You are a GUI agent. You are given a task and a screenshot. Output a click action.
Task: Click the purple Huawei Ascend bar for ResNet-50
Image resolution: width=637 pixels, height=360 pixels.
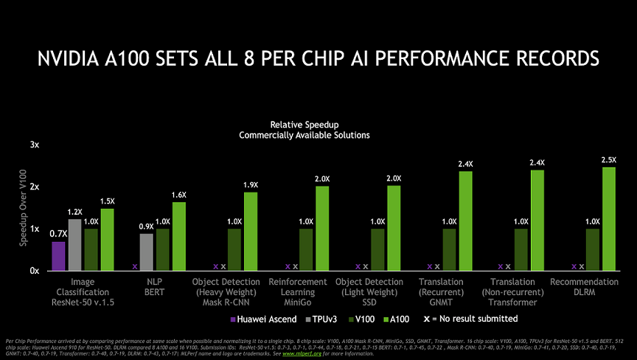(58, 256)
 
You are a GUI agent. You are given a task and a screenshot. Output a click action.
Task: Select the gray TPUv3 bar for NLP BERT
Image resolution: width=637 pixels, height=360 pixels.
(146, 252)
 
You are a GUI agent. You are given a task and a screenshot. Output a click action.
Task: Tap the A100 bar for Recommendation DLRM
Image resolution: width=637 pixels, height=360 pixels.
(609, 219)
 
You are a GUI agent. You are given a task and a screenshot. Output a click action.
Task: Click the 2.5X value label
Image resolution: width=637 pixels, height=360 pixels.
(609, 160)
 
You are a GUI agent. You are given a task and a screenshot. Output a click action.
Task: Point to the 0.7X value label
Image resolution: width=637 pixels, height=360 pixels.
(58, 234)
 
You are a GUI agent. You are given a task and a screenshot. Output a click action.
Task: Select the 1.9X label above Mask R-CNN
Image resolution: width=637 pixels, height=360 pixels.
(251, 184)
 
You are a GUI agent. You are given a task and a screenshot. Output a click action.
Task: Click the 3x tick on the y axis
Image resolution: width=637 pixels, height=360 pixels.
(34, 145)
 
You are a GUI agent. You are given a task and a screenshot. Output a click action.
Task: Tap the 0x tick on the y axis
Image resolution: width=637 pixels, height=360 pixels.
(34, 271)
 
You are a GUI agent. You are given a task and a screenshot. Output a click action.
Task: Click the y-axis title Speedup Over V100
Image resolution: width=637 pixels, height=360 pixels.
(24, 209)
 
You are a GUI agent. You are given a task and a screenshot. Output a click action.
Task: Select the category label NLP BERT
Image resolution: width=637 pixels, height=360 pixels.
(154, 287)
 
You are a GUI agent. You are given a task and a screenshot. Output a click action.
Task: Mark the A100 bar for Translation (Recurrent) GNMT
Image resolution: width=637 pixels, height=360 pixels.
(466, 221)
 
